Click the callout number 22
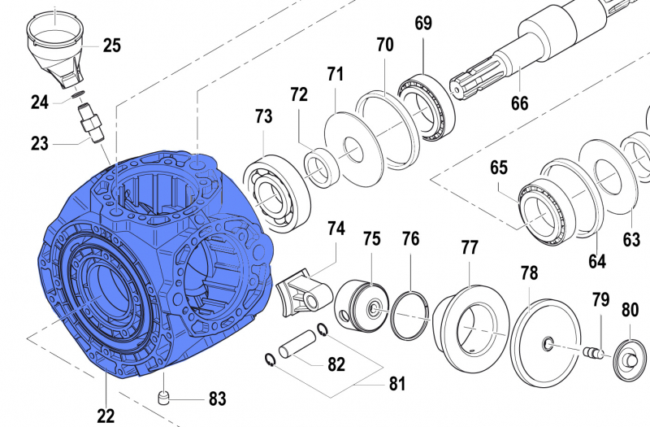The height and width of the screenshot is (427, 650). coord(106,416)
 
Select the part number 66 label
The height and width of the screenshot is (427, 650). coord(519,103)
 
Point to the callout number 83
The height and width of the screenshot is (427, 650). coord(217,399)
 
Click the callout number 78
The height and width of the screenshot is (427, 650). coord(529,274)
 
